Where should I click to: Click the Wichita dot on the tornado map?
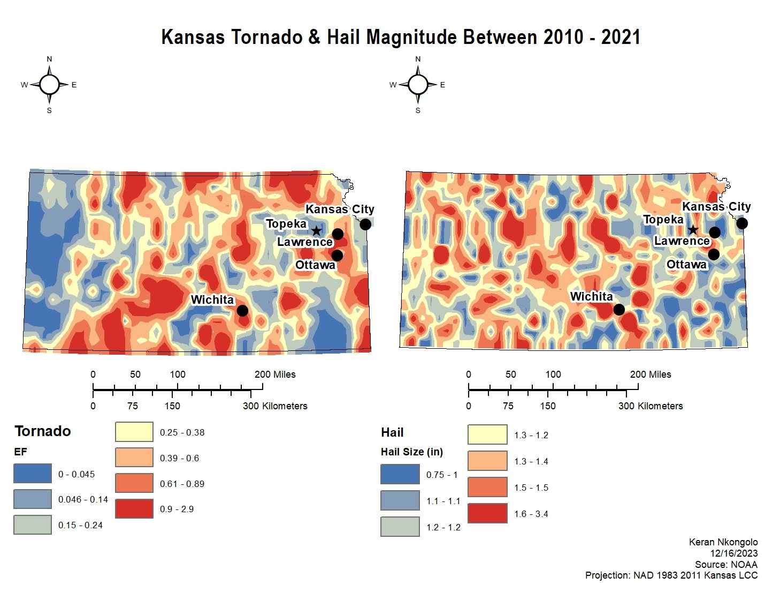(242, 310)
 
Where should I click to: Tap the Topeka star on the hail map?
(693, 230)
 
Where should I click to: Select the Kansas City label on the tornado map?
(340, 209)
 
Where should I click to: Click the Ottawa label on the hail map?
(686, 264)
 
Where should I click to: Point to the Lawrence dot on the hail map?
(715, 233)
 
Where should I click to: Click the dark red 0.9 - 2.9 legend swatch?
(134, 508)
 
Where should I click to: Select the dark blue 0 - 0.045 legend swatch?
(33, 474)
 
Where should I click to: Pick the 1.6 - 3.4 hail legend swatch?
(487, 513)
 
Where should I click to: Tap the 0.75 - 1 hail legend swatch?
(400, 474)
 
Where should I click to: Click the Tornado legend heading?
(43, 431)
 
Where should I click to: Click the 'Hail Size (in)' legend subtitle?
(412, 452)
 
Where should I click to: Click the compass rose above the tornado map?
(49, 85)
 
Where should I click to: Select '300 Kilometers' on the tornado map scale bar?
(275, 406)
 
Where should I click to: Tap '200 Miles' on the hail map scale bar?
(651, 374)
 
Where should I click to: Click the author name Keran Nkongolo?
(723, 542)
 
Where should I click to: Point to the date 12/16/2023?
(733, 553)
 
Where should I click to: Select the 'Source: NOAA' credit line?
(726, 565)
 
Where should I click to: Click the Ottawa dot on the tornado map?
(338, 256)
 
